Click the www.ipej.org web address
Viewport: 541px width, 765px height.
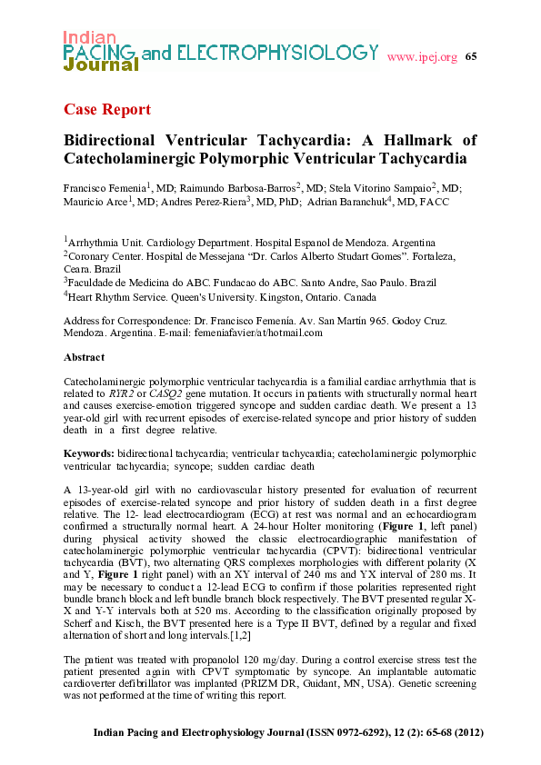pos(422,58)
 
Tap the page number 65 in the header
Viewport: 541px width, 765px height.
pos(470,57)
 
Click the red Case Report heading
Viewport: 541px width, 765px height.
pos(107,110)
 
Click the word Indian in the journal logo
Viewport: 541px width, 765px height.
pos(89,37)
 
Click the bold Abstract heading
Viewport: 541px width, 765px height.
pos(84,358)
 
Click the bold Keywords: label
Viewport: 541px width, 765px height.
pos(89,452)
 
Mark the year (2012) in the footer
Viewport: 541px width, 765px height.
pos(466,733)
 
